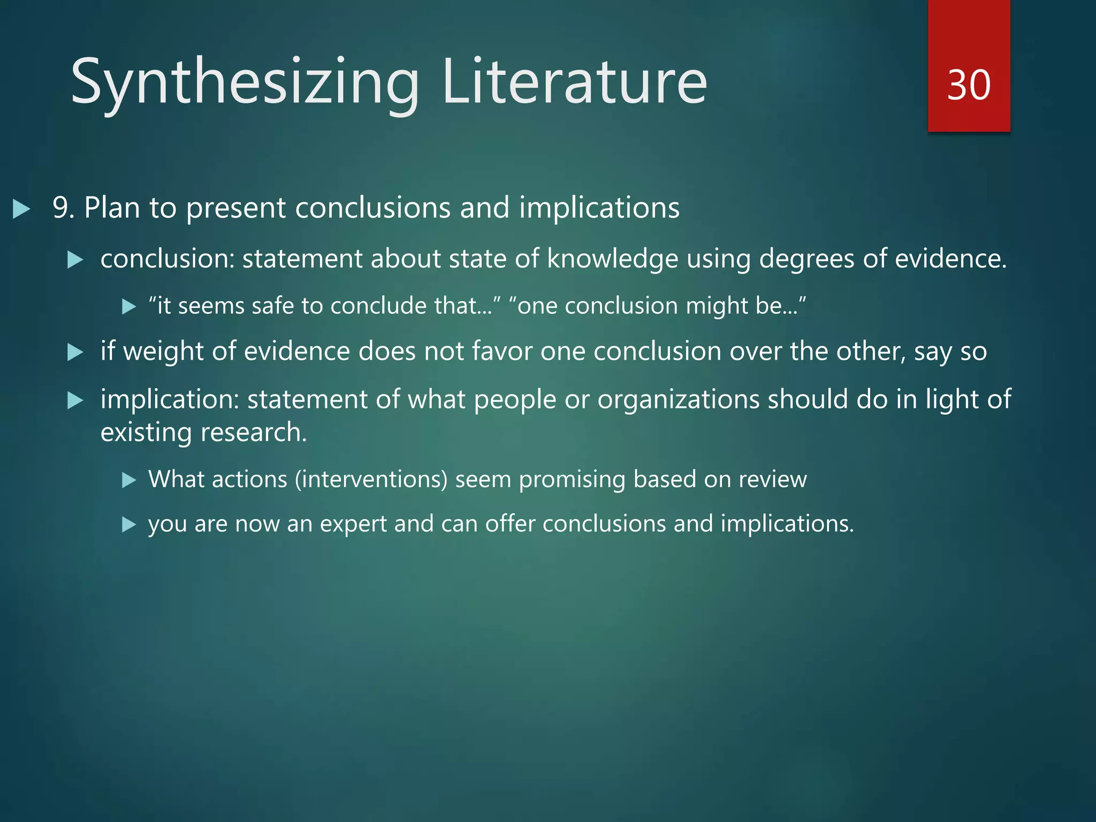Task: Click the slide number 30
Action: [x=969, y=85]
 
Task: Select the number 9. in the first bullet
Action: [x=64, y=208]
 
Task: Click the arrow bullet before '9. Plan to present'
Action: [x=21, y=209]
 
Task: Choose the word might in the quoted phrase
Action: [x=717, y=306]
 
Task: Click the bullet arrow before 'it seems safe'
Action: [x=129, y=307]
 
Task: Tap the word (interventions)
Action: [x=371, y=479]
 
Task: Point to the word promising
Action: [x=572, y=479]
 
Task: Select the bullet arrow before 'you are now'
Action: [x=129, y=524]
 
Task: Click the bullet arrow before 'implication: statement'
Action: [x=75, y=400]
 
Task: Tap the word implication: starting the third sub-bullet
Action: [x=170, y=399]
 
